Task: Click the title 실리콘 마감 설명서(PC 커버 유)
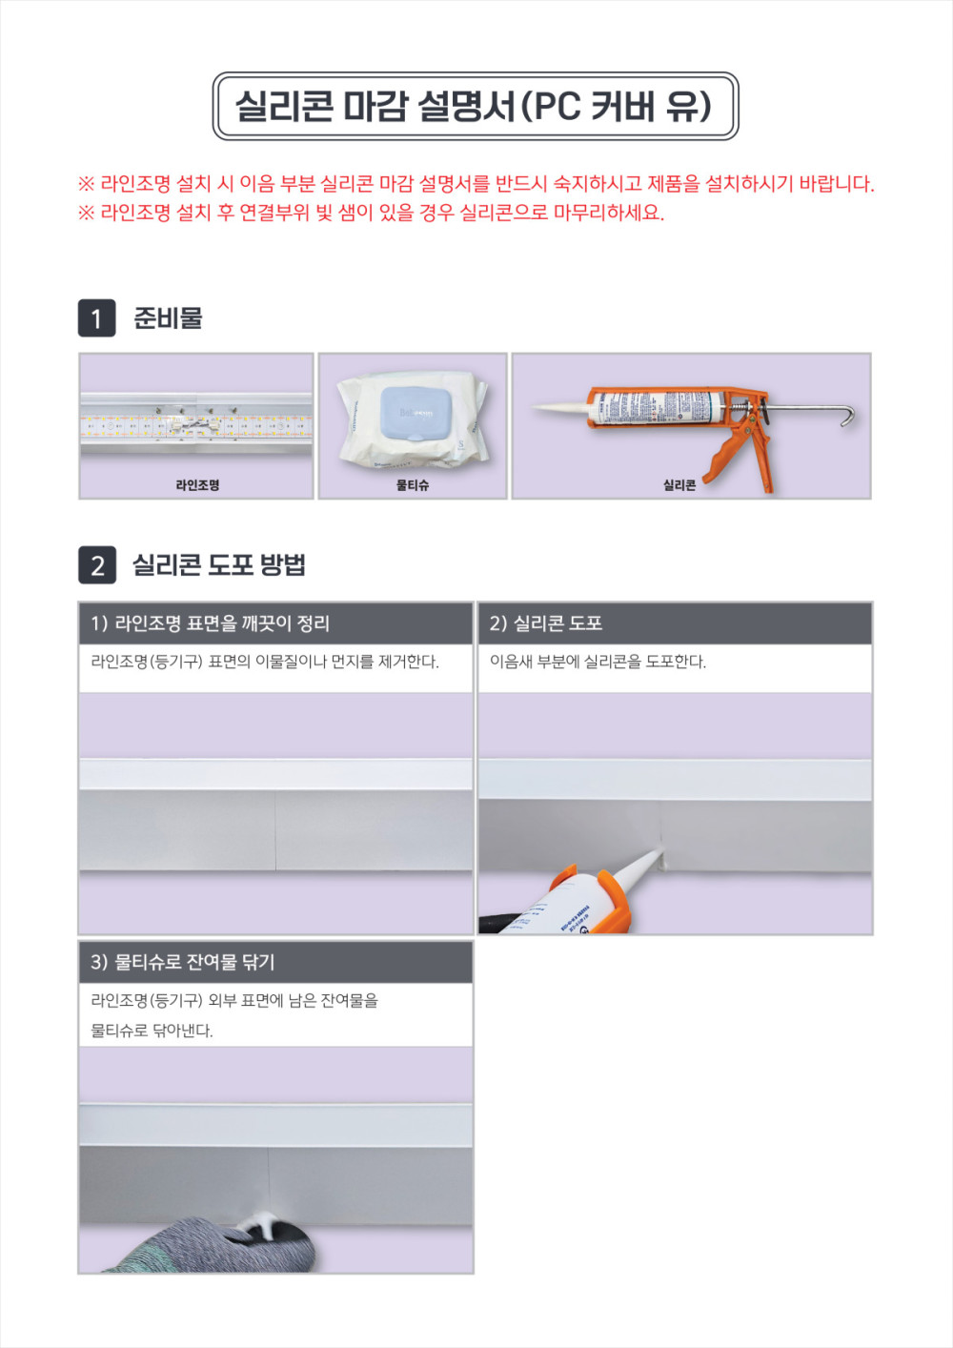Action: [x=474, y=107]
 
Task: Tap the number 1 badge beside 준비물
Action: [x=96, y=317]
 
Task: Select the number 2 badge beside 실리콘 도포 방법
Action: [x=96, y=565]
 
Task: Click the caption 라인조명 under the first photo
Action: [x=196, y=485]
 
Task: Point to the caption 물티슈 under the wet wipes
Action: [x=413, y=485]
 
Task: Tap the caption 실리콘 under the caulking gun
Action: [x=679, y=485]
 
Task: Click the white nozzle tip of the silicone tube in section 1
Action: [x=536, y=407]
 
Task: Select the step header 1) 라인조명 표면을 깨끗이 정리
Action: [x=210, y=623]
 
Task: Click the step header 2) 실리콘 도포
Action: [x=546, y=623]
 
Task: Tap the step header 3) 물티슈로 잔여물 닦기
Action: [x=182, y=962]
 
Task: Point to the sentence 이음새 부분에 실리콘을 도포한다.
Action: [x=598, y=662]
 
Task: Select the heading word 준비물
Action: [x=168, y=317]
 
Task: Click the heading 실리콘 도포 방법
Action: [x=219, y=565]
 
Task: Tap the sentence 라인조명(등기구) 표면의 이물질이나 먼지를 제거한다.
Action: [x=265, y=662]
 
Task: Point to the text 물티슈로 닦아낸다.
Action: [x=152, y=1031]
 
